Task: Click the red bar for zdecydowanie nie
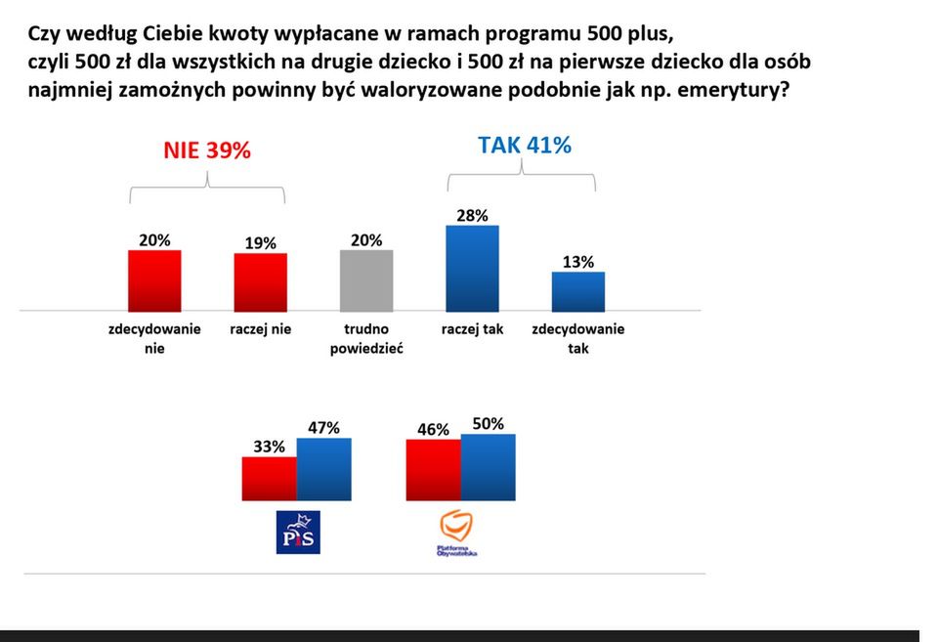tap(154, 280)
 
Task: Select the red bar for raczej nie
tap(260, 281)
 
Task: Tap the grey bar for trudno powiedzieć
tap(366, 280)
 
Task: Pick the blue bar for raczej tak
tap(472, 268)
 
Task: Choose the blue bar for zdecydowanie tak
tap(577, 291)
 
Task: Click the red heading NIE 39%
tap(206, 150)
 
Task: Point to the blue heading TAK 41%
tap(524, 146)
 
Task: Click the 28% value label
tap(472, 214)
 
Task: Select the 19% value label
tap(260, 242)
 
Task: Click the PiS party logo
tap(298, 532)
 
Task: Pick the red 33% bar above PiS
tap(270, 479)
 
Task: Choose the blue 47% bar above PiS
tap(323, 469)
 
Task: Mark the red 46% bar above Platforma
tap(433, 470)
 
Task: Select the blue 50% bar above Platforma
tap(488, 467)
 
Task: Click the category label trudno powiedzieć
tap(366, 338)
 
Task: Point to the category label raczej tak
tap(472, 329)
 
